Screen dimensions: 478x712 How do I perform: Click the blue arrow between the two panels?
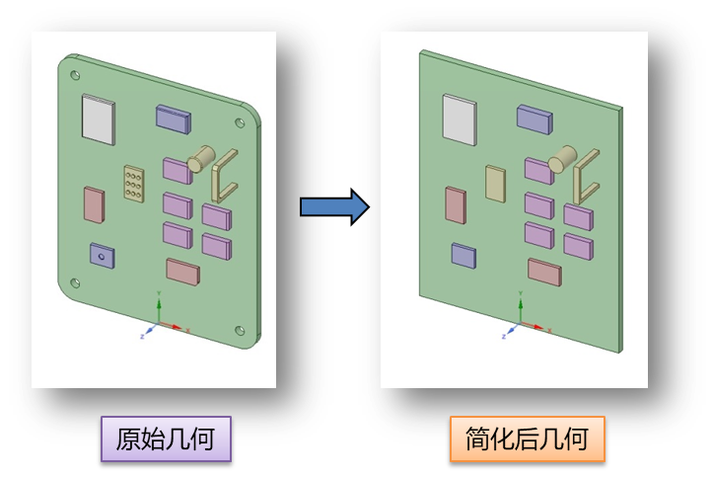pyautogui.click(x=333, y=206)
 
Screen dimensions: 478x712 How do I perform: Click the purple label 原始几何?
pyautogui.click(x=166, y=438)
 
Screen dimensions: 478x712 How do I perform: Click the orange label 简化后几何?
pyautogui.click(x=527, y=438)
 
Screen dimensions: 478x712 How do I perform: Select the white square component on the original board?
pyautogui.click(x=98, y=119)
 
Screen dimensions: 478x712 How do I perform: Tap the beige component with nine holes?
pyautogui.click(x=132, y=183)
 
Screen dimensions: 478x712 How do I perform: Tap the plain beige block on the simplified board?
pyautogui.click(x=494, y=183)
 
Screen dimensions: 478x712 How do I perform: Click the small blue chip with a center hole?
pyautogui.click(x=102, y=254)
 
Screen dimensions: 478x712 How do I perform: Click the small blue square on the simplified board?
pyautogui.click(x=463, y=254)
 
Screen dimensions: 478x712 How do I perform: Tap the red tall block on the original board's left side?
pyautogui.click(x=94, y=203)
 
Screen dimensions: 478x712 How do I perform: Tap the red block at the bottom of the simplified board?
pyautogui.click(x=544, y=271)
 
